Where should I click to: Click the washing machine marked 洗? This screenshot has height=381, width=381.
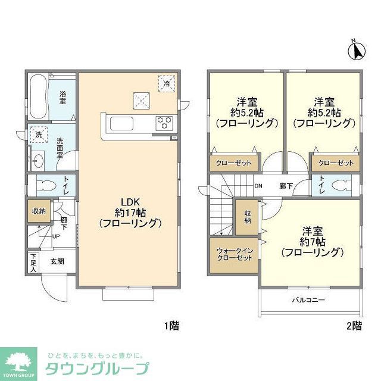click(39, 135)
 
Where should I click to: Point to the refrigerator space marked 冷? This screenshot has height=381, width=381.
click(167, 84)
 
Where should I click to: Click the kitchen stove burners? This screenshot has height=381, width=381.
click(164, 123)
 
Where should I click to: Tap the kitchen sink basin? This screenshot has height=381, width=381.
click(123, 124)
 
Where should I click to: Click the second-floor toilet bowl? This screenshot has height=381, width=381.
click(341, 185)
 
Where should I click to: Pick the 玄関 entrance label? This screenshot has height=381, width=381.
click(57, 261)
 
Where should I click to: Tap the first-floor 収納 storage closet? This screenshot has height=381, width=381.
click(39, 211)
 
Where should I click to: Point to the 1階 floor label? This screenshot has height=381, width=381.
click(172, 326)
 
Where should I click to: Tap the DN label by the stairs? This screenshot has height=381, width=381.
click(258, 186)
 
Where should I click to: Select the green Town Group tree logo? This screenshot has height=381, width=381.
click(20, 360)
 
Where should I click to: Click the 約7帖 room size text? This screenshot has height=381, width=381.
click(313, 242)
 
